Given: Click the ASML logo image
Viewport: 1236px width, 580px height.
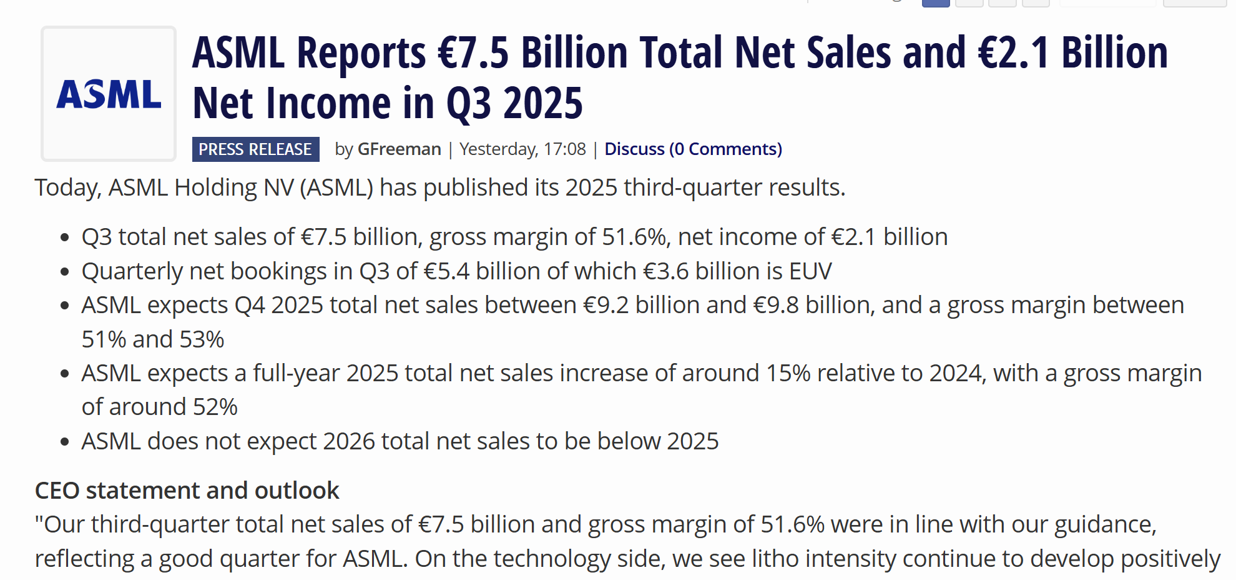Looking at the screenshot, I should (109, 94).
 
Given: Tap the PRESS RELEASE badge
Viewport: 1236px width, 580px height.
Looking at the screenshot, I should (255, 149).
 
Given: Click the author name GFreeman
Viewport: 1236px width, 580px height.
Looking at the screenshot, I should (399, 149).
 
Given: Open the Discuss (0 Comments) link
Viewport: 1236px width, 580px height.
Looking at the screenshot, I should (693, 149).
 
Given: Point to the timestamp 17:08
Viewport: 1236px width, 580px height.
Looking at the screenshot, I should (564, 149).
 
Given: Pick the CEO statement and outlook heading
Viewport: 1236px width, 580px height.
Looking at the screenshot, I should (187, 491).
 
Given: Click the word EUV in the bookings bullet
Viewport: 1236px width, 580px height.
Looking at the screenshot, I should (810, 271).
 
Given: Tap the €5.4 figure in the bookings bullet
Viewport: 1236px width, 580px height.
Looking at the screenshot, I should (446, 271).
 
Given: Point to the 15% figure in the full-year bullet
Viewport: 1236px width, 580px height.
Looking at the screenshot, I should (788, 373).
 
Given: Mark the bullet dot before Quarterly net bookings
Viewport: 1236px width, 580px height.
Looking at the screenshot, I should (64, 272).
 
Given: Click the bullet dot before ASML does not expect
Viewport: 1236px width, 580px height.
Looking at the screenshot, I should (64, 442).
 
